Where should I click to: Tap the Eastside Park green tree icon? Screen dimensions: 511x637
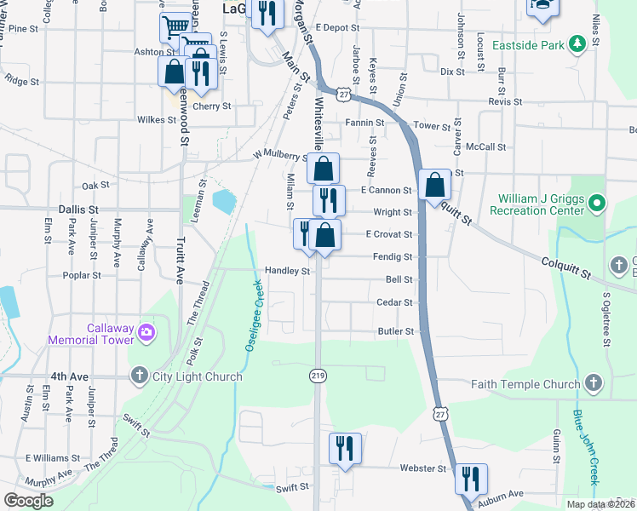click(x=577, y=43)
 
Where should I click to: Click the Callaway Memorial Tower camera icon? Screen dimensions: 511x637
click(x=146, y=331)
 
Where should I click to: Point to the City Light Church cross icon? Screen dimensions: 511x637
click(x=139, y=376)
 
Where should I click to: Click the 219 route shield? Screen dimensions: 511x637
click(x=317, y=376)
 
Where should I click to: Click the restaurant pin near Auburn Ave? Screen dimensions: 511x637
click(x=470, y=478)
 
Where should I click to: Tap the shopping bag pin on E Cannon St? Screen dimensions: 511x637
click(x=434, y=184)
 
